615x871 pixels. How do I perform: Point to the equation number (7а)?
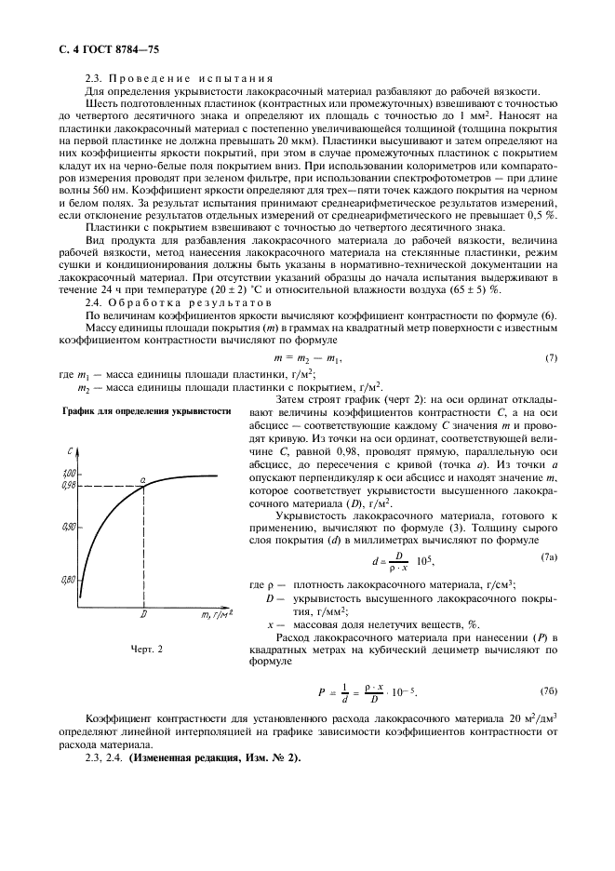tap(548, 556)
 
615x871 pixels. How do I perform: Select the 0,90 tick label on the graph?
tap(68, 527)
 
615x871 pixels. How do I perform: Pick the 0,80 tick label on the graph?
tap(68, 579)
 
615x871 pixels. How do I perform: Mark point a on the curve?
tap(143, 478)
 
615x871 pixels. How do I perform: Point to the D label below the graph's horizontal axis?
tap(143, 614)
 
